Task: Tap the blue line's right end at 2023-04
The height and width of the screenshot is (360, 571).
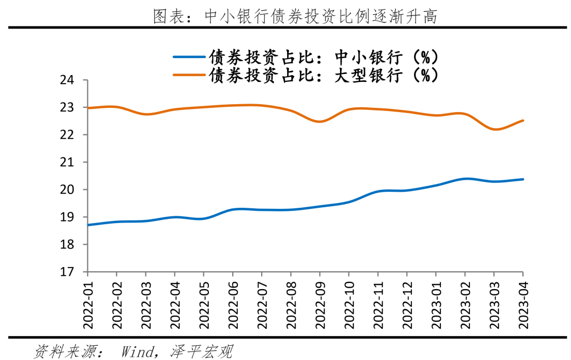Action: pos(523,179)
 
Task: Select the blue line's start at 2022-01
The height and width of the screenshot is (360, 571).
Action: pos(88,225)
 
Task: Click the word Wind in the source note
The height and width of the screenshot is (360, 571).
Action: pos(139,350)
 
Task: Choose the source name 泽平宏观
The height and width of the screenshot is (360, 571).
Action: pos(201,350)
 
